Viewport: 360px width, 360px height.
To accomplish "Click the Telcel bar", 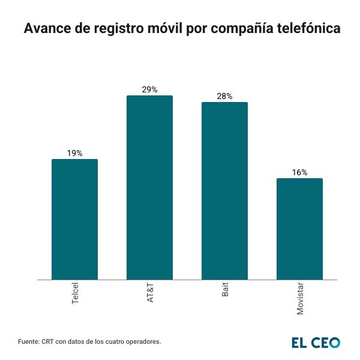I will [x=74, y=219].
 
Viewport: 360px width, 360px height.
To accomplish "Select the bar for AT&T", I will [x=149, y=187].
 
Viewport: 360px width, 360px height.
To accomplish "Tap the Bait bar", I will [x=224, y=191].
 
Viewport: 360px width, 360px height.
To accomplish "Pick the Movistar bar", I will [x=299, y=229].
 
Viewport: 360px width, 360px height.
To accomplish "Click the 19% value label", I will [x=74, y=154].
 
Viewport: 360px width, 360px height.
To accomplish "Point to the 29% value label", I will [x=149, y=90].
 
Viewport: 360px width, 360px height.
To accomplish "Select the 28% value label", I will [x=224, y=97].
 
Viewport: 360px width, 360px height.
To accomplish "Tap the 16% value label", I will [x=299, y=173].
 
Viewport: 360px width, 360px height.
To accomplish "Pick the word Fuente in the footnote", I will [x=29, y=341].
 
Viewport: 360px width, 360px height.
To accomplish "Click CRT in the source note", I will [x=49, y=341].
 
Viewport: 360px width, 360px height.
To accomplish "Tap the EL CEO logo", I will [x=316, y=342].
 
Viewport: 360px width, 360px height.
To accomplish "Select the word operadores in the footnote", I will [x=143, y=341].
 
